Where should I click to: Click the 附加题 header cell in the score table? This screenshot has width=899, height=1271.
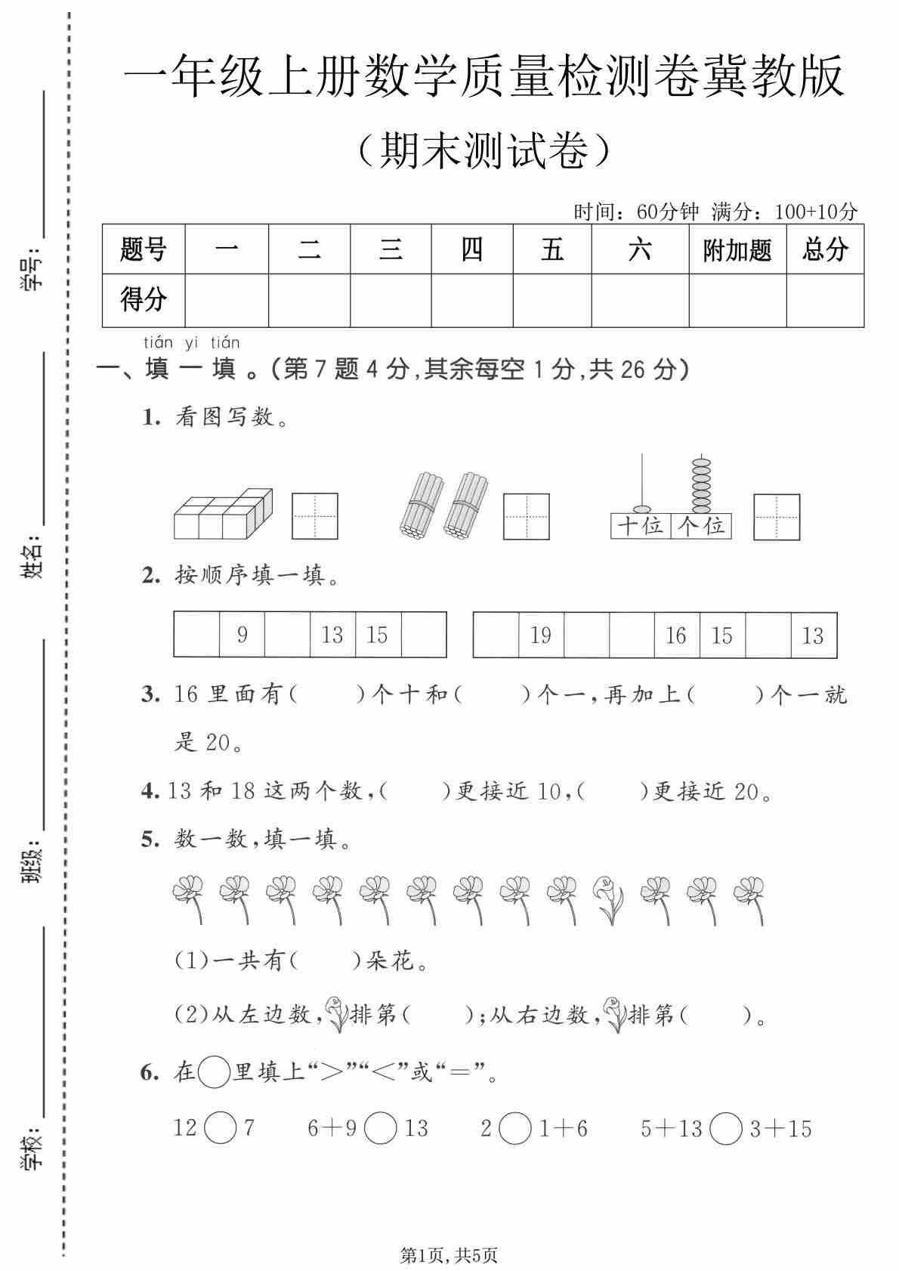tap(737, 249)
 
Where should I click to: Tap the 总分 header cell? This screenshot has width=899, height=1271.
tap(824, 249)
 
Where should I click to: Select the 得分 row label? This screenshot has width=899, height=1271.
tap(143, 300)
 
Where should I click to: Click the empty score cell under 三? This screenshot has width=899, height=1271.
tap(390, 300)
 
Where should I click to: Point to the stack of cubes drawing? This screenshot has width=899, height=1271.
tap(223, 513)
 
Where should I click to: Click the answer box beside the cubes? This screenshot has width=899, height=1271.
tap(314, 516)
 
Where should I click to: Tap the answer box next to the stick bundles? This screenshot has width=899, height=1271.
tap(526, 516)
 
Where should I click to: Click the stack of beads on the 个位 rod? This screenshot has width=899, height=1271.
tap(701, 484)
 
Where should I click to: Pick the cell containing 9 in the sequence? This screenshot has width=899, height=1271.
tap(242, 635)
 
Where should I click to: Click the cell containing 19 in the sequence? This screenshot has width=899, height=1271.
tap(541, 635)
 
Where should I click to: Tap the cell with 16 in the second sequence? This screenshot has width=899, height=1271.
tap(676, 635)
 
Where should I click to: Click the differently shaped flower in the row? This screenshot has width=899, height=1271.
tap(609, 899)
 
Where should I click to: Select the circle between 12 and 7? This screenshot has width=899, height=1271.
tap(220, 1129)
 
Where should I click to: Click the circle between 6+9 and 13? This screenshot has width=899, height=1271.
tap(380, 1129)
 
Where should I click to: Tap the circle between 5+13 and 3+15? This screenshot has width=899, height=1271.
tap(726, 1129)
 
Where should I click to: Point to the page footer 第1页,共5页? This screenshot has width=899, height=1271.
tap(449, 1255)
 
